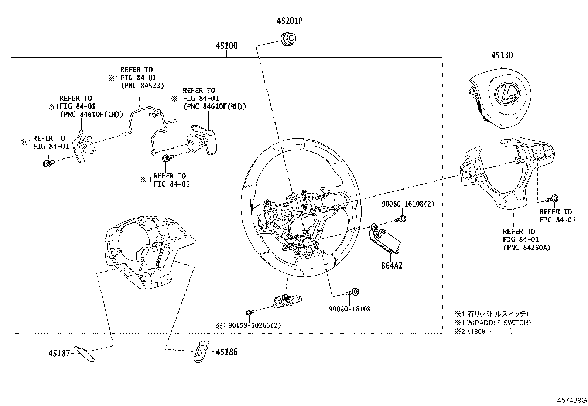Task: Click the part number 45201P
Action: pyautogui.click(x=290, y=21)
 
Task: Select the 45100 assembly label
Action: pyautogui.click(x=227, y=46)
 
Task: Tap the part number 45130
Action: pyautogui.click(x=502, y=55)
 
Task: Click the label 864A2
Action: pyautogui.click(x=392, y=265)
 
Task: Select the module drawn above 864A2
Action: pyautogui.click(x=385, y=239)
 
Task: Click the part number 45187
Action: pyautogui.click(x=59, y=354)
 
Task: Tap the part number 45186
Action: pyautogui.click(x=226, y=352)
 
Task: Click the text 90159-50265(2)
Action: pyautogui.click(x=254, y=325)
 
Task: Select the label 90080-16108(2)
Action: pyautogui.click(x=408, y=204)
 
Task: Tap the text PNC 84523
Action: pyautogui.click(x=143, y=86)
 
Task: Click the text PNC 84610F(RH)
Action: pyautogui.click(x=215, y=106)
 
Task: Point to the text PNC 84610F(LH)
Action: pyautogui.click(x=92, y=115)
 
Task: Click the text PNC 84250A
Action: pyautogui.click(x=526, y=248)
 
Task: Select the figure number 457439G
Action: pyautogui.click(x=572, y=400)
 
